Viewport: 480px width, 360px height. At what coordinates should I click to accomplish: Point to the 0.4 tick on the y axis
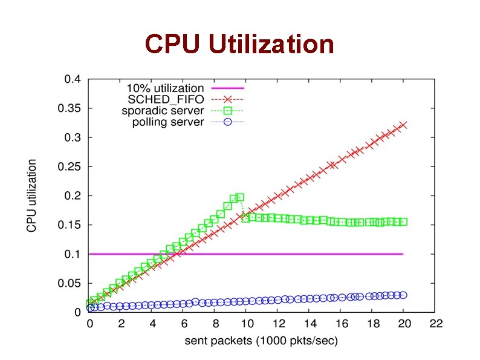[x=72, y=79]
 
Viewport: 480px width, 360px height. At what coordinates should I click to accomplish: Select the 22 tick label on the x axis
[x=434, y=324]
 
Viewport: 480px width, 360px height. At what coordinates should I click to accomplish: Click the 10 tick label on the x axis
[x=247, y=324]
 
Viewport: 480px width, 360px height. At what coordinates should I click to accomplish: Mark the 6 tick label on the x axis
[x=184, y=324]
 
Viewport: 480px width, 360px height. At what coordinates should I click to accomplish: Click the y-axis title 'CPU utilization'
[x=31, y=195]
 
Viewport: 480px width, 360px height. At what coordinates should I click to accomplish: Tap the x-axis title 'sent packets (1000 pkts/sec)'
[x=261, y=341]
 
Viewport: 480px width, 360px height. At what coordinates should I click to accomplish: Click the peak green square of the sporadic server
[x=240, y=197]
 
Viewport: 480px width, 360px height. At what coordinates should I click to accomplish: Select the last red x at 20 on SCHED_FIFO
[x=403, y=125]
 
